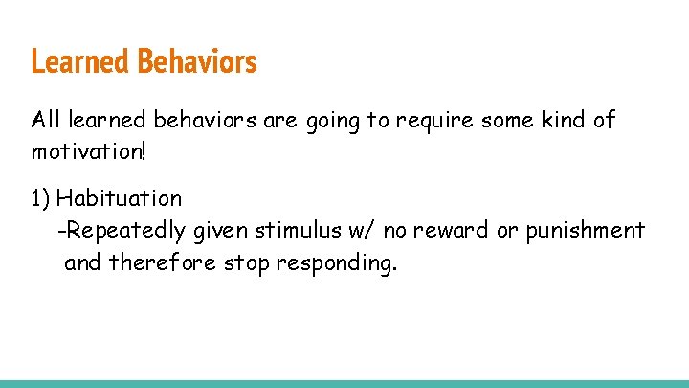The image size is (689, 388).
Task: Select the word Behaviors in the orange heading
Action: point(197,62)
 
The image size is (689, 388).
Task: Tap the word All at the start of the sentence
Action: point(46,121)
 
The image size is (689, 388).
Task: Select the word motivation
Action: point(85,152)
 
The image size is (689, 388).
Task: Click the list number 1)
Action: point(40,199)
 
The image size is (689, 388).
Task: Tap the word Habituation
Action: point(119,199)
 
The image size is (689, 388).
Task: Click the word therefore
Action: point(163,262)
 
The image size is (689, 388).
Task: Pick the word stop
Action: point(246,262)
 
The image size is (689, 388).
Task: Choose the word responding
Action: point(335,263)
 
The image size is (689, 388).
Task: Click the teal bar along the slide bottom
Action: point(344,383)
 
